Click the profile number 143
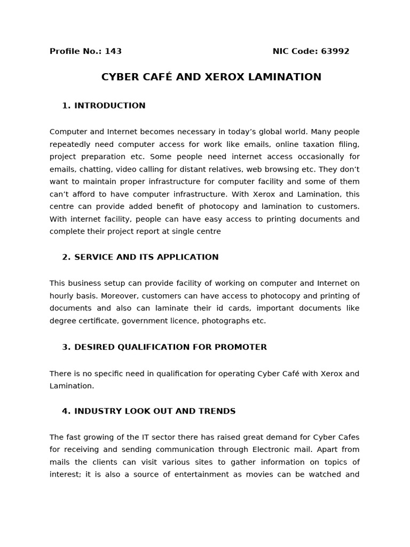coord(113,51)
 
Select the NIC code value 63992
coord(335,51)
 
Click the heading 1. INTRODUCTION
coord(104,106)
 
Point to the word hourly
coord(62,296)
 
